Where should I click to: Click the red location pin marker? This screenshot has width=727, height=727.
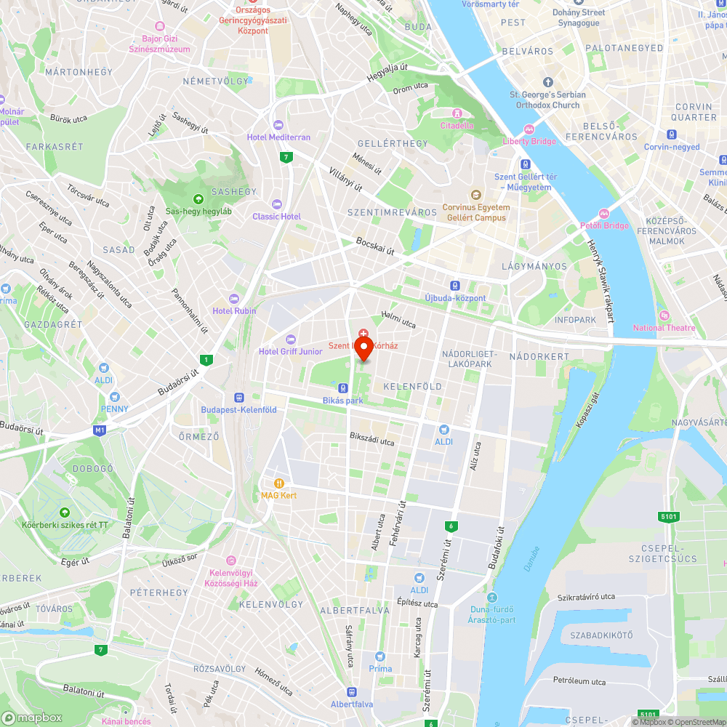click(363, 347)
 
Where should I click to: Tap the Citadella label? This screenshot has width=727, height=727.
click(457, 124)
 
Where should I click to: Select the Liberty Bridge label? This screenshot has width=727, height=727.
click(529, 141)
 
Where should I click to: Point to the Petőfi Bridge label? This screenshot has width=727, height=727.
click(604, 225)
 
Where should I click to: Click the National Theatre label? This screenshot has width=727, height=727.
click(664, 327)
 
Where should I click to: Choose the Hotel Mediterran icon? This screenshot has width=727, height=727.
click(277, 124)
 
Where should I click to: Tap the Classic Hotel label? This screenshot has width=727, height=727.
click(276, 216)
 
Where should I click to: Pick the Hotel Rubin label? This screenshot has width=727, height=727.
click(234, 311)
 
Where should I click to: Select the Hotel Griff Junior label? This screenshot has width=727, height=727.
click(290, 352)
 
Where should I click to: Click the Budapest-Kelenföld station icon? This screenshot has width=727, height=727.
click(238, 398)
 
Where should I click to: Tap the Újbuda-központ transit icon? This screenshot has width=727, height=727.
click(455, 286)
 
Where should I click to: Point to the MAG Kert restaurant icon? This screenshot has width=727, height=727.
click(278, 483)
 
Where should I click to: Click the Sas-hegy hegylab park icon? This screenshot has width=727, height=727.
click(197, 199)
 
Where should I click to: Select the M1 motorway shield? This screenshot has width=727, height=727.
click(100, 430)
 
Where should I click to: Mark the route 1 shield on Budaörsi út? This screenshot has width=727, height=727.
click(207, 359)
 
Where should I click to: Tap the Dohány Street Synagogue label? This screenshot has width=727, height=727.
click(579, 17)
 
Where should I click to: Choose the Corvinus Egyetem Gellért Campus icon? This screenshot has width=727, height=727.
click(476, 194)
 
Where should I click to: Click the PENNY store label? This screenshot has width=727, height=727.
click(114, 409)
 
